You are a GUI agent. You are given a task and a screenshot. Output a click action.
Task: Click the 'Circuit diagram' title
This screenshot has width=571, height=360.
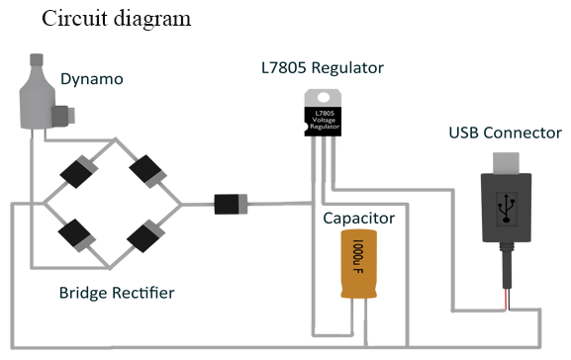[116, 19]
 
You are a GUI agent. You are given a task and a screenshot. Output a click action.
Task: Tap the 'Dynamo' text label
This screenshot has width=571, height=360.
[92, 78]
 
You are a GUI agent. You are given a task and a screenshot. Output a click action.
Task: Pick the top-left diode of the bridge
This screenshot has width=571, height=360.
[77, 170]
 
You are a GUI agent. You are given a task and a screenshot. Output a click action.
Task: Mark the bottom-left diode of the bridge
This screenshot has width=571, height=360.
[77, 235]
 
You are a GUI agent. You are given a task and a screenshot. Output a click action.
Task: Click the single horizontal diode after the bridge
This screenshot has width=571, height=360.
[231, 206]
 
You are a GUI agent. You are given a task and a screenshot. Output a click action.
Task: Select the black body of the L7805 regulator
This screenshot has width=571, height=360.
[321, 119]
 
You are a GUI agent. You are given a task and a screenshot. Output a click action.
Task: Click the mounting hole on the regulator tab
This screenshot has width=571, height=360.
[321, 96]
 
